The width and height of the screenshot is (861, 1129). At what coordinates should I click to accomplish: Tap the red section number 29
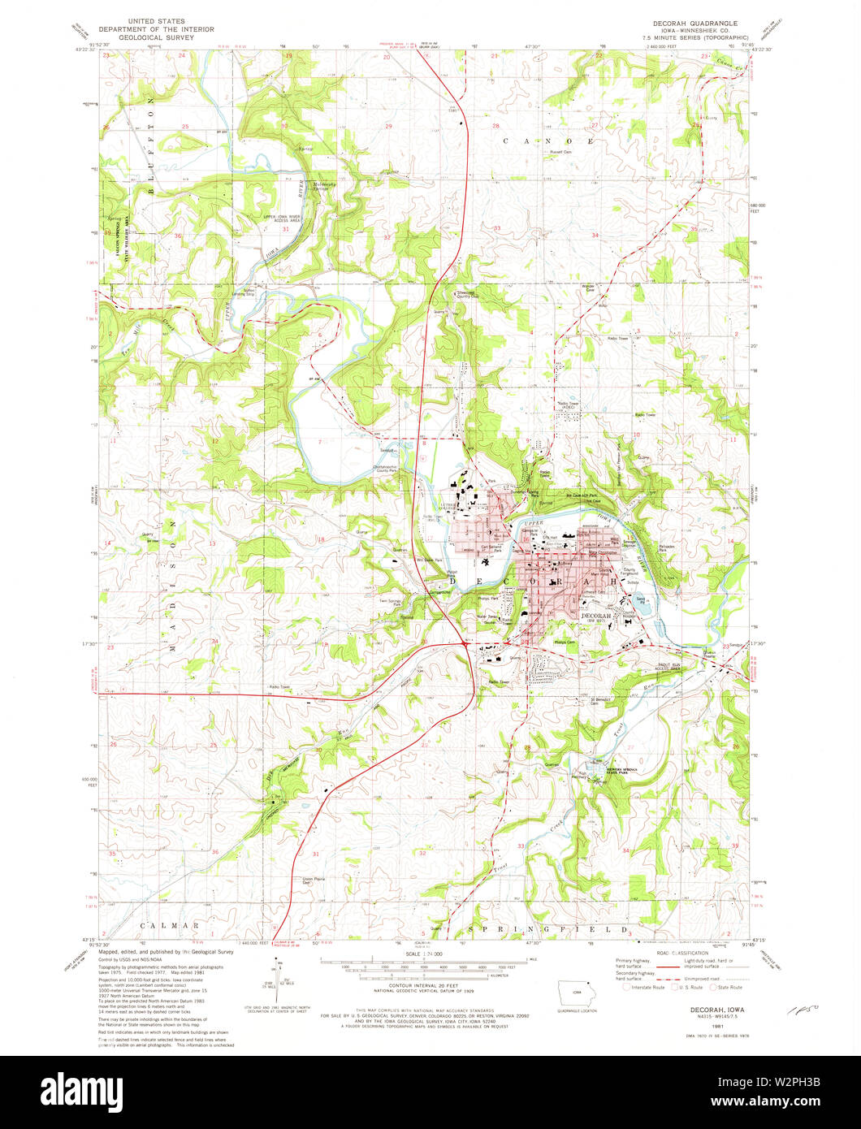tap(388, 127)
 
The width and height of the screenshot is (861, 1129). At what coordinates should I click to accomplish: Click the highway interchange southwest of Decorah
tap(465, 643)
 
